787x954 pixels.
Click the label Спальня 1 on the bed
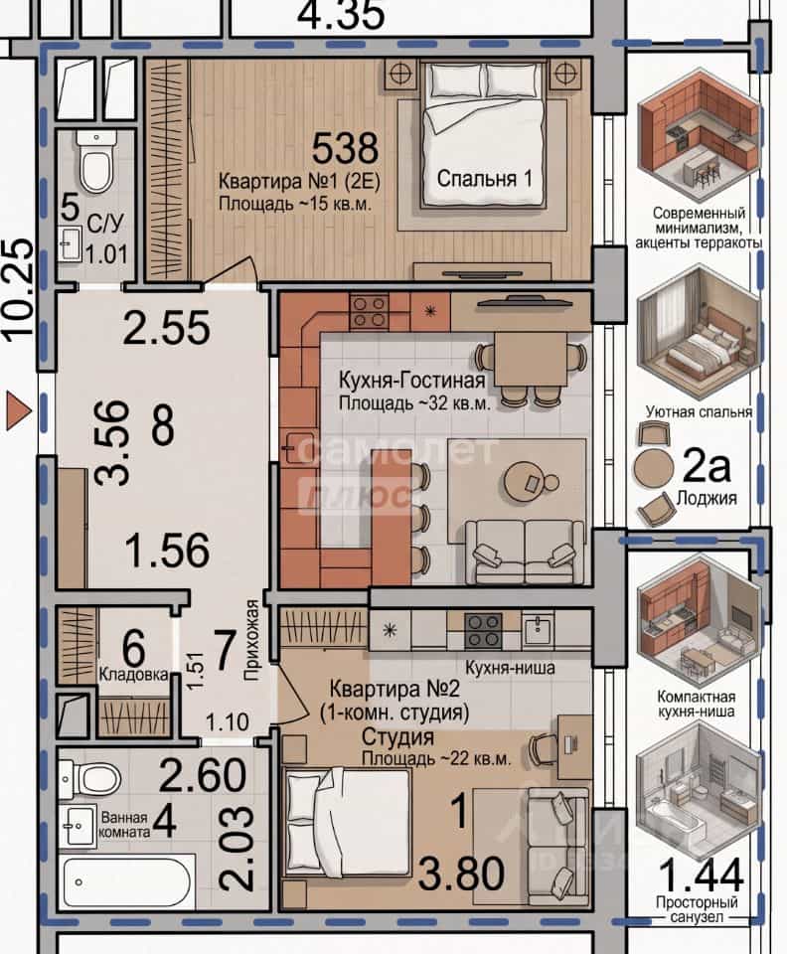click(484, 178)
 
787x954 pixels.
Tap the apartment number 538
click(345, 148)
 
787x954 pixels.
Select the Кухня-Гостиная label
click(411, 381)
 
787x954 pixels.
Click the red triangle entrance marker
click(18, 411)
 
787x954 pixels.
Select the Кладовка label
click(133, 674)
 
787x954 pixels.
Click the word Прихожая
click(251, 640)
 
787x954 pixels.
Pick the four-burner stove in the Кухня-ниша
click(484, 630)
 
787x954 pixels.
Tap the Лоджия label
click(707, 498)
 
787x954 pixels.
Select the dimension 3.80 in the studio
click(461, 874)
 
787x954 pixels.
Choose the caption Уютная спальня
click(699, 411)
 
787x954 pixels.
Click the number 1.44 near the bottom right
click(701, 874)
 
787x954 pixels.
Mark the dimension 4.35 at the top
click(341, 15)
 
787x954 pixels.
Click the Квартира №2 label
click(394, 689)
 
